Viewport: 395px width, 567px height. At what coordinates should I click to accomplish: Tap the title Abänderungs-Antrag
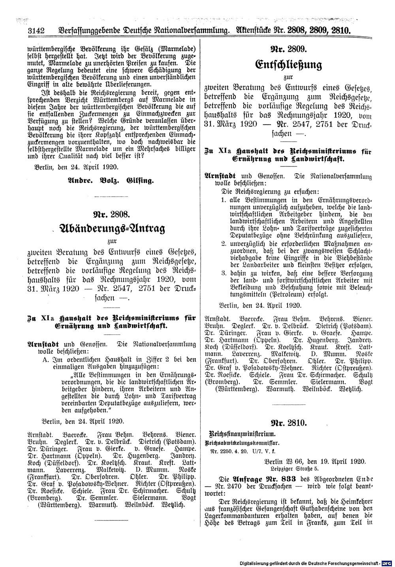(111, 229)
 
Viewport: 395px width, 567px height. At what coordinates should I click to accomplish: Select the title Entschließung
(285, 65)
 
